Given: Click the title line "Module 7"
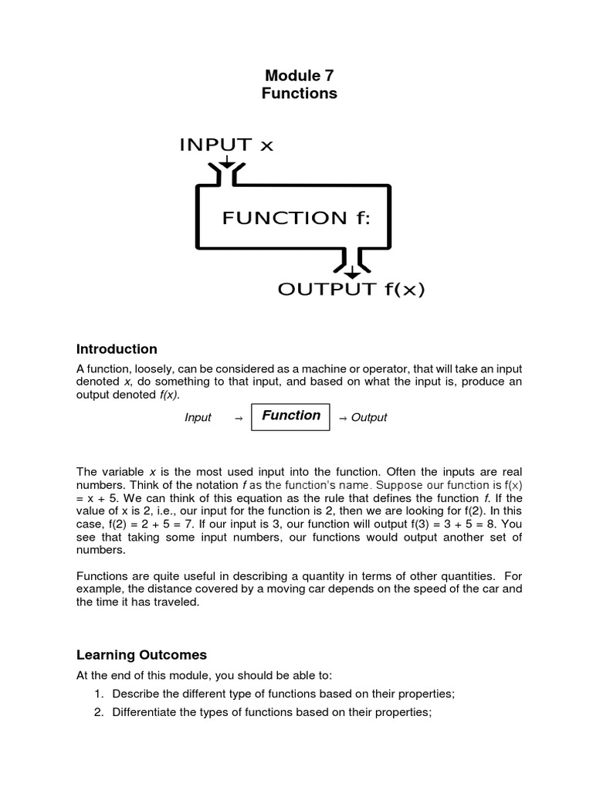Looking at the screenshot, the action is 300,75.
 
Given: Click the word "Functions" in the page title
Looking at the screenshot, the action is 300,93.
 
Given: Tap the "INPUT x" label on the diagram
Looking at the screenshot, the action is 226,144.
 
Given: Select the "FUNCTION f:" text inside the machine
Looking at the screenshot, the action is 296,218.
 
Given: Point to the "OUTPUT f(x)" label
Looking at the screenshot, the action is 351,290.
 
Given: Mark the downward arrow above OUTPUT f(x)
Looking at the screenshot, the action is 352,272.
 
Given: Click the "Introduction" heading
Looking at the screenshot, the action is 117,349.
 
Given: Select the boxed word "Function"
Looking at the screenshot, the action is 291,416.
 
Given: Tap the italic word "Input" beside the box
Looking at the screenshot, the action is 198,418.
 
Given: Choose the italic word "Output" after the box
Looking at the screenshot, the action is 369,418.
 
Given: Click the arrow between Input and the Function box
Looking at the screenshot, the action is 238,418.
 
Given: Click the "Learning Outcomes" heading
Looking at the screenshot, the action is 141,655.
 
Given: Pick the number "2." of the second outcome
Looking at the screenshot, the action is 99,712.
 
